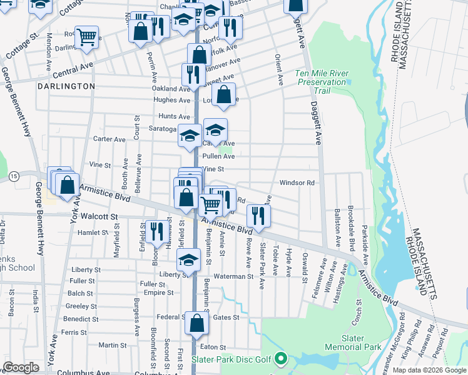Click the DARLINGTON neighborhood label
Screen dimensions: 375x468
66,86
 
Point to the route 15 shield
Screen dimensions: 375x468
14,177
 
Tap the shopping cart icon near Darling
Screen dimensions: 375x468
86,36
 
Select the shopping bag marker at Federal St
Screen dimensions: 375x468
196,323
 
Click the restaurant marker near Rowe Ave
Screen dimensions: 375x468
258,216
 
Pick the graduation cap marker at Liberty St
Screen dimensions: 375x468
188,261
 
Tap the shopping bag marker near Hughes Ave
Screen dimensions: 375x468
224,95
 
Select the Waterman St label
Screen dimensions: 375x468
232,276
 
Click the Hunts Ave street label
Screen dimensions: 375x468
174,116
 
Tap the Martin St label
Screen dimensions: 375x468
113,345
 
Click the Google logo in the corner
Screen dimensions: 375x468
21,367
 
